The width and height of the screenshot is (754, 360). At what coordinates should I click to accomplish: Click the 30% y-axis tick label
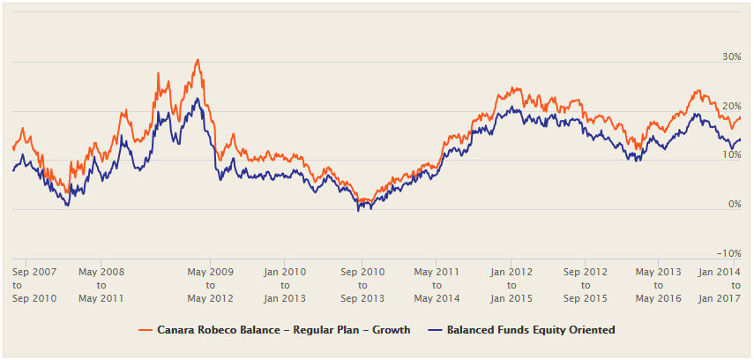pyautogui.click(x=731, y=56)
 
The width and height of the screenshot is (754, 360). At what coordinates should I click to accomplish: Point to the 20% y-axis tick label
pyautogui.click(x=731, y=106)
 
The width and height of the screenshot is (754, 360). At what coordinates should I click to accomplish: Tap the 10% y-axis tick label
pyautogui.click(x=731, y=155)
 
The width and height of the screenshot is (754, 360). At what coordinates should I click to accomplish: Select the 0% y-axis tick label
pyautogui.click(x=734, y=205)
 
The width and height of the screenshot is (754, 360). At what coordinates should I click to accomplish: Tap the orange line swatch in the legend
pyautogui.click(x=146, y=330)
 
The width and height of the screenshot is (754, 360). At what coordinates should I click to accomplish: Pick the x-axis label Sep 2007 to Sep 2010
pyautogui.click(x=35, y=285)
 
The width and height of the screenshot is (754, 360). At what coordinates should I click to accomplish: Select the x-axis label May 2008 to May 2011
pyautogui.click(x=101, y=285)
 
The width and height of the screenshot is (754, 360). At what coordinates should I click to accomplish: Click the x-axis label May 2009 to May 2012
pyautogui.click(x=211, y=285)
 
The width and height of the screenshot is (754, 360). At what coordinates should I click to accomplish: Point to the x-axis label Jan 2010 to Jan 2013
pyautogui.click(x=284, y=285)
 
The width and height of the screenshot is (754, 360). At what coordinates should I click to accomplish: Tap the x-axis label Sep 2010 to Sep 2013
pyautogui.click(x=362, y=285)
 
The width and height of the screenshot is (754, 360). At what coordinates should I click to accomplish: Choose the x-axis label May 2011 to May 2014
pyautogui.click(x=437, y=285)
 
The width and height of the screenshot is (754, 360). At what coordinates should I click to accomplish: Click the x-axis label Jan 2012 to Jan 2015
pyautogui.click(x=511, y=285)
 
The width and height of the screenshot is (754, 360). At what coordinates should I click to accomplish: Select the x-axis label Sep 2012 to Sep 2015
pyautogui.click(x=586, y=285)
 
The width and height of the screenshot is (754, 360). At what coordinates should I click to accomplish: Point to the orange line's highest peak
pyautogui.click(x=198, y=60)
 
